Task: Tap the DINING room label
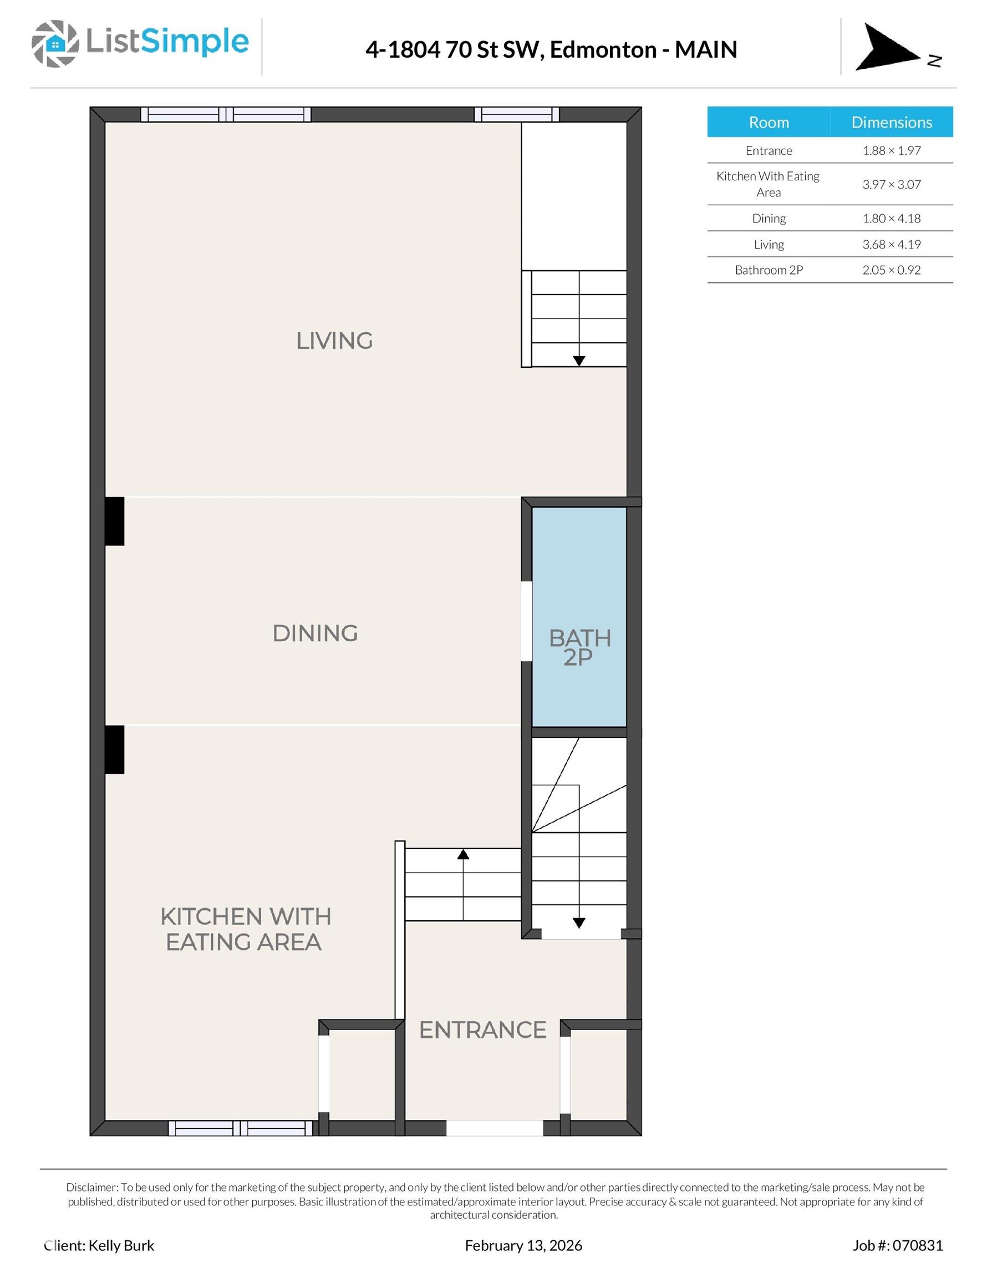(x=316, y=633)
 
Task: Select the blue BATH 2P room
(x=579, y=617)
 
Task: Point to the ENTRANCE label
(x=482, y=1030)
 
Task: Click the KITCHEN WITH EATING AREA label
(x=246, y=929)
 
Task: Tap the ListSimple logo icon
(x=55, y=43)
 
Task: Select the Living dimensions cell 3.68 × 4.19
(x=892, y=244)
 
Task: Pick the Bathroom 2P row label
(x=769, y=270)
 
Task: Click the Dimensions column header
(x=892, y=121)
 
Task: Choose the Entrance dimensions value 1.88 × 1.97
(x=892, y=150)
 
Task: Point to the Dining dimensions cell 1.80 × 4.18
(x=892, y=218)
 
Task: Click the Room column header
(x=769, y=121)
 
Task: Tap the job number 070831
(x=919, y=1245)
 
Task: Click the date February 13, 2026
(x=523, y=1245)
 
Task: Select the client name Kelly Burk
(x=121, y=1245)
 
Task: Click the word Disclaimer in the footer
(x=92, y=1187)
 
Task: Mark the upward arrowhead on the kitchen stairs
(x=464, y=854)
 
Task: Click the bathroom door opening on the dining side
(x=527, y=621)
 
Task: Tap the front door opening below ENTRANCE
(x=495, y=1128)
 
